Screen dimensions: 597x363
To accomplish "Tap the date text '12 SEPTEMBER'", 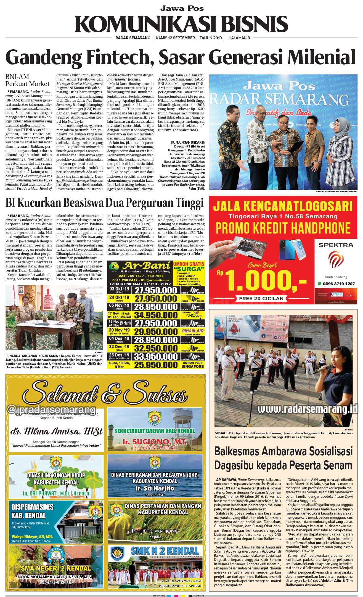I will (181, 38).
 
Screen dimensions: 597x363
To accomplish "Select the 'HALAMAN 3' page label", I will (239, 38).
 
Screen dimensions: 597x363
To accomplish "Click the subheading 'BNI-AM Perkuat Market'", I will (27, 80).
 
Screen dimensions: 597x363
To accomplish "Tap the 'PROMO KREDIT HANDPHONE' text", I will (283, 228).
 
